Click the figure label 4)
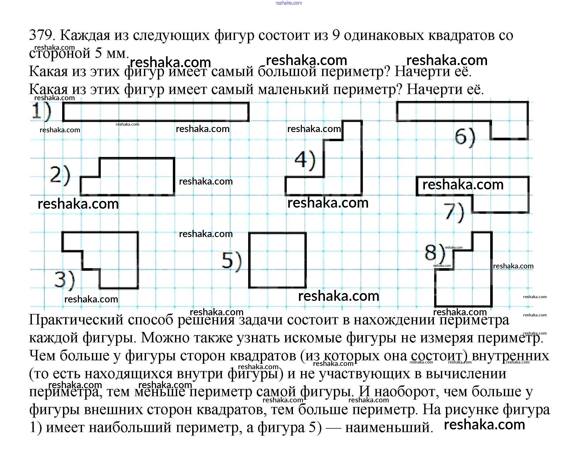pos(305,160)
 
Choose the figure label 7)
pos(454,212)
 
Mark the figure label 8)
pos(435,253)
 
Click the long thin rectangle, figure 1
pos(156,112)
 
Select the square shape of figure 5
pos(277,260)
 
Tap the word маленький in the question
pos(293,89)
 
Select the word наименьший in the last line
pos(389,428)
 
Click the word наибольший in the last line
pos(130,428)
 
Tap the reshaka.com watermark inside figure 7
pos(463,185)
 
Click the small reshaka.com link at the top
pos(289,3)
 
